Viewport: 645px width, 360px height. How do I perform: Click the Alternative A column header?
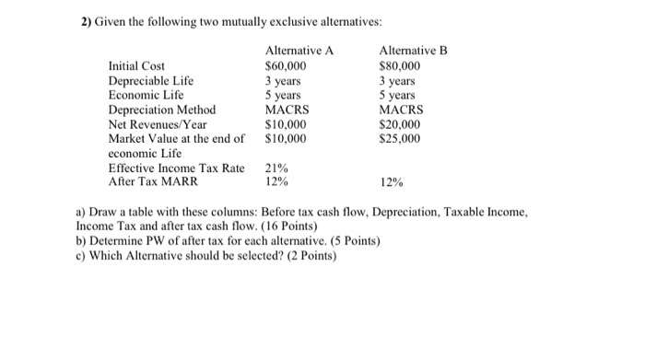click(x=298, y=51)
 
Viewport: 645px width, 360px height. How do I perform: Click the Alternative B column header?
click(x=413, y=51)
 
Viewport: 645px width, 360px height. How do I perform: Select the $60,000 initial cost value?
click(x=286, y=66)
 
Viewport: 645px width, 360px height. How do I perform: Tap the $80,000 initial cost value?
click(x=400, y=66)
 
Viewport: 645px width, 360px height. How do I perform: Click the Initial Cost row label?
click(x=137, y=66)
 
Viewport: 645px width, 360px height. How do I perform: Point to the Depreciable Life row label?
click(x=151, y=81)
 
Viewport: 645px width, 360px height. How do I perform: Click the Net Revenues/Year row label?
click(x=158, y=125)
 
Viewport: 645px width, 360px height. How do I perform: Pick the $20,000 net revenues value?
click(x=400, y=125)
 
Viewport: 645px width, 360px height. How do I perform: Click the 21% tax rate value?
click(x=276, y=168)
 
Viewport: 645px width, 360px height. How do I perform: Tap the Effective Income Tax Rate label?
click(x=177, y=168)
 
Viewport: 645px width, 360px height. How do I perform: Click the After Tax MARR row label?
click(x=153, y=182)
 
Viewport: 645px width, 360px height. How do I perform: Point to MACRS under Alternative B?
click(x=400, y=110)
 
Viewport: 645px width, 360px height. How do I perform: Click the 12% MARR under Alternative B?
click(x=391, y=183)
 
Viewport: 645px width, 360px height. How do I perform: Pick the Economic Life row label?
click(x=147, y=96)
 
